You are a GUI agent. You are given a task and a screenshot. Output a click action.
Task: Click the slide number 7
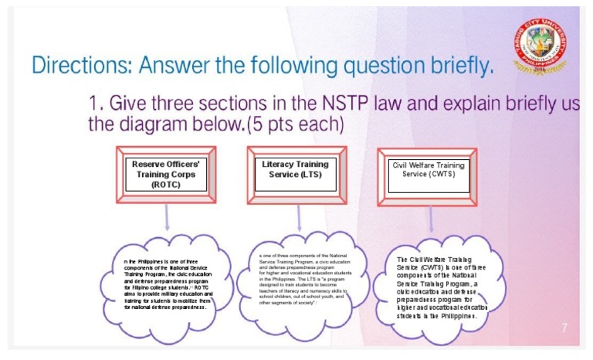[564, 328]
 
